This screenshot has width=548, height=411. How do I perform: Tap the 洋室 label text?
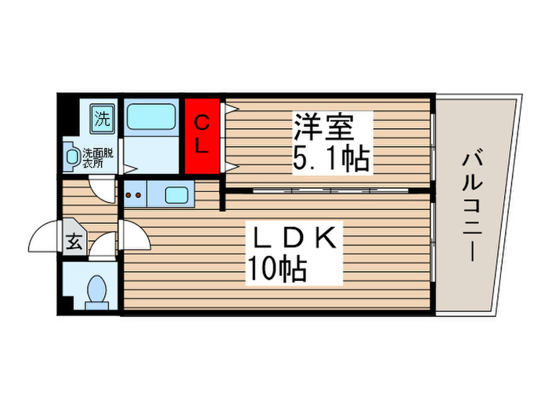tap(324, 124)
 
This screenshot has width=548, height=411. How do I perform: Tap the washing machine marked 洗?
tap(103, 120)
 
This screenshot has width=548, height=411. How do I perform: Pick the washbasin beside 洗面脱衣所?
tap(73, 157)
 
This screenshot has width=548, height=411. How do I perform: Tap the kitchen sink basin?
tap(176, 193)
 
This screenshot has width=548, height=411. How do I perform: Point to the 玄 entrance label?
tap(74, 242)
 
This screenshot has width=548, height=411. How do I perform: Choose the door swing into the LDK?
tap(133, 238)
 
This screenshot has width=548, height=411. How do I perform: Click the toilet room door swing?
tap(101, 247)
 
